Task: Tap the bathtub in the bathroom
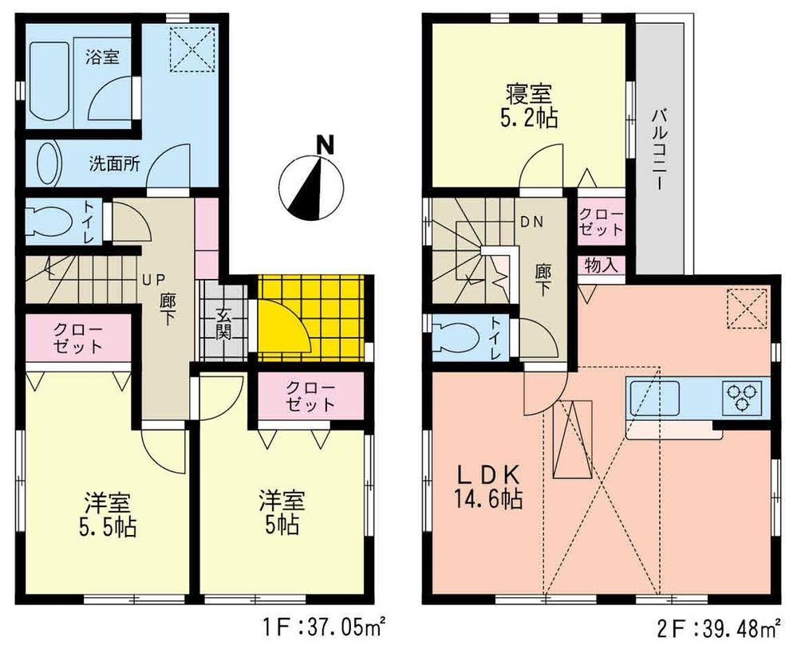coord(49,82)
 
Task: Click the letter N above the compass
coord(324,146)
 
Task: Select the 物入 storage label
coord(602,265)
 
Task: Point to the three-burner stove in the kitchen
coord(742,396)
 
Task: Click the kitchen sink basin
coord(653,395)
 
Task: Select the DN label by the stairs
coord(532,223)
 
